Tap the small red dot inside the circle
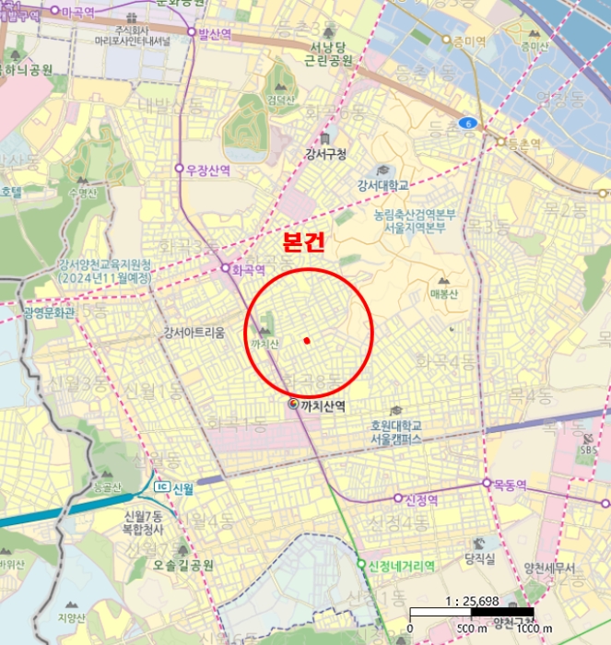point(306,341)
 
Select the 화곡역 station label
point(248,270)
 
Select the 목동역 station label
point(508,483)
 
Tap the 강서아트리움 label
point(194,333)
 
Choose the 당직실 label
point(480,558)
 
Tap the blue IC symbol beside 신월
point(160,487)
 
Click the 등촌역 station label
point(523,144)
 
